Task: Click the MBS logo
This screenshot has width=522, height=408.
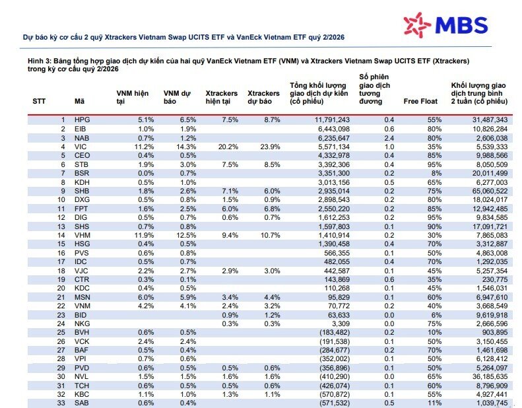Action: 445,24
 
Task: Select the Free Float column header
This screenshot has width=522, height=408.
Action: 420,101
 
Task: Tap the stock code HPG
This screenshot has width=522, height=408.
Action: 82,120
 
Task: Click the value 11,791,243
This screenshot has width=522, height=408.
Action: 332,120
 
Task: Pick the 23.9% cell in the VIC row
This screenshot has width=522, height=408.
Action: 271,147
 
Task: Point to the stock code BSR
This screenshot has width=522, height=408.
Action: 82,173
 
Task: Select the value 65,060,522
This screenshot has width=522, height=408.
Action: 490,191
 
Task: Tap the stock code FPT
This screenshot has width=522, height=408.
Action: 81,209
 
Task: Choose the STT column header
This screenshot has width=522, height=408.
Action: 39,101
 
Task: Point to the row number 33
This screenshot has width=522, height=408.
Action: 61,403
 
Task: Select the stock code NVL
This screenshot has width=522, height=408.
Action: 81,376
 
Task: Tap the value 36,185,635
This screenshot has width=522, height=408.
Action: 490,376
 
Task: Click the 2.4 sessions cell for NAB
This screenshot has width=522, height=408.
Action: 389,138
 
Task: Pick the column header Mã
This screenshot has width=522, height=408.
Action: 79,101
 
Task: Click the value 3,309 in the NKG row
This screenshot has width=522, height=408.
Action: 341,323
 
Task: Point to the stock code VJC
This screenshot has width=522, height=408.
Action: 81,271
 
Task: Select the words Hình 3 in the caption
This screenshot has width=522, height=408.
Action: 38,61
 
